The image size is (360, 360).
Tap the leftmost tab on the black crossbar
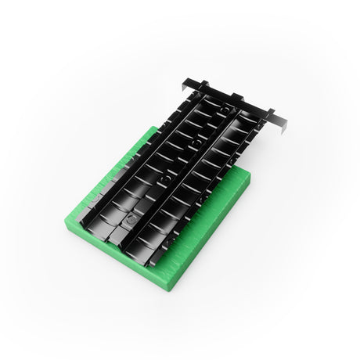[203, 85]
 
